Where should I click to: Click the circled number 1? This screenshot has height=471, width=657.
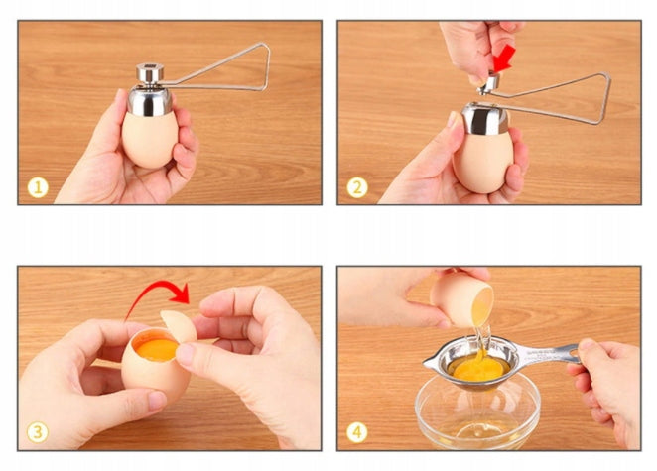coord(38,188)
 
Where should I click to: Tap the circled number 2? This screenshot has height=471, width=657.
coord(357,188)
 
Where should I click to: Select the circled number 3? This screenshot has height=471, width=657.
coord(38,432)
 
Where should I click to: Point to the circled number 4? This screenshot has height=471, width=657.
coord(357,432)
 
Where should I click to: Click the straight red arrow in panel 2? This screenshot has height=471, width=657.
coord(503,59)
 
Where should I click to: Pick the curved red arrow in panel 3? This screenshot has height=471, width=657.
coord(156,294)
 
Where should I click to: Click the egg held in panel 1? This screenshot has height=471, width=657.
coord(150,138)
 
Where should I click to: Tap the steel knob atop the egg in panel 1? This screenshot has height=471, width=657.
coord(150,73)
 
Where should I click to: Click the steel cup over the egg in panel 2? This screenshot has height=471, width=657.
coord(484,119)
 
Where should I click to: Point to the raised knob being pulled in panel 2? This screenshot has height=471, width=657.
coord(489,83)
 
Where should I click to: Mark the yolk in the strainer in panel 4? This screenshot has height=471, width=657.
coord(478,369)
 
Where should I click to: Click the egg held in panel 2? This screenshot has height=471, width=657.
coord(483,162)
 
